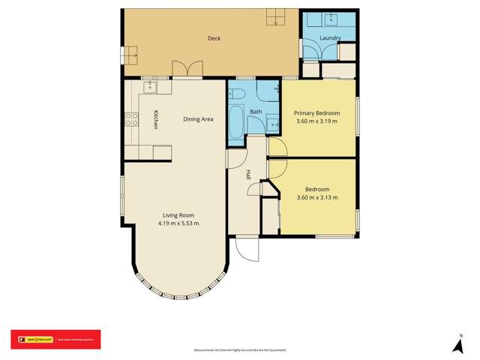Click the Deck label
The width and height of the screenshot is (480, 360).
pyautogui.click(x=213, y=38)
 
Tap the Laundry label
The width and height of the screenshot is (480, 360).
pyautogui.click(x=330, y=38)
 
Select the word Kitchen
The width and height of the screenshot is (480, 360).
pyautogui.click(x=156, y=120)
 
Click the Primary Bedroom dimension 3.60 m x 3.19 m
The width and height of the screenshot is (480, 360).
pyautogui.click(x=317, y=121)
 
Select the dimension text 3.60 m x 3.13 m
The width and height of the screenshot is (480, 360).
pyautogui.click(x=317, y=198)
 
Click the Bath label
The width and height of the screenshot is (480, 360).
pyautogui.click(x=256, y=112)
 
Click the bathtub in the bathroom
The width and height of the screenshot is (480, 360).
pyautogui.click(x=235, y=122)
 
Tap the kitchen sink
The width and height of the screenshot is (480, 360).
pyautogui.click(x=149, y=87)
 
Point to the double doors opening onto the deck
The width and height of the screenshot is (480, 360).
pyautogui.click(x=187, y=69)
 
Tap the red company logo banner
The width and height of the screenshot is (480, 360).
pyautogui.click(x=55, y=340)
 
